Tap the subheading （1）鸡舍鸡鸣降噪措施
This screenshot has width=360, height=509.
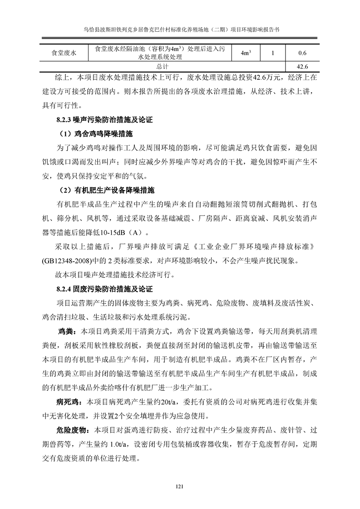point(97,134)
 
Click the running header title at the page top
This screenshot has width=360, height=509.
point(180,28)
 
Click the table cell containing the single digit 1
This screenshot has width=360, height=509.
point(272,53)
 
